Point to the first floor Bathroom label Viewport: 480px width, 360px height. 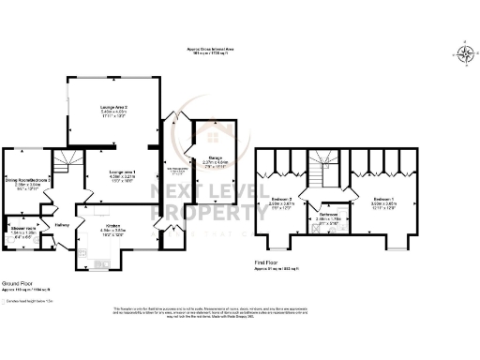(330, 213)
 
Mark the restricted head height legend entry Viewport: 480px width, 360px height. (28, 300)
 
